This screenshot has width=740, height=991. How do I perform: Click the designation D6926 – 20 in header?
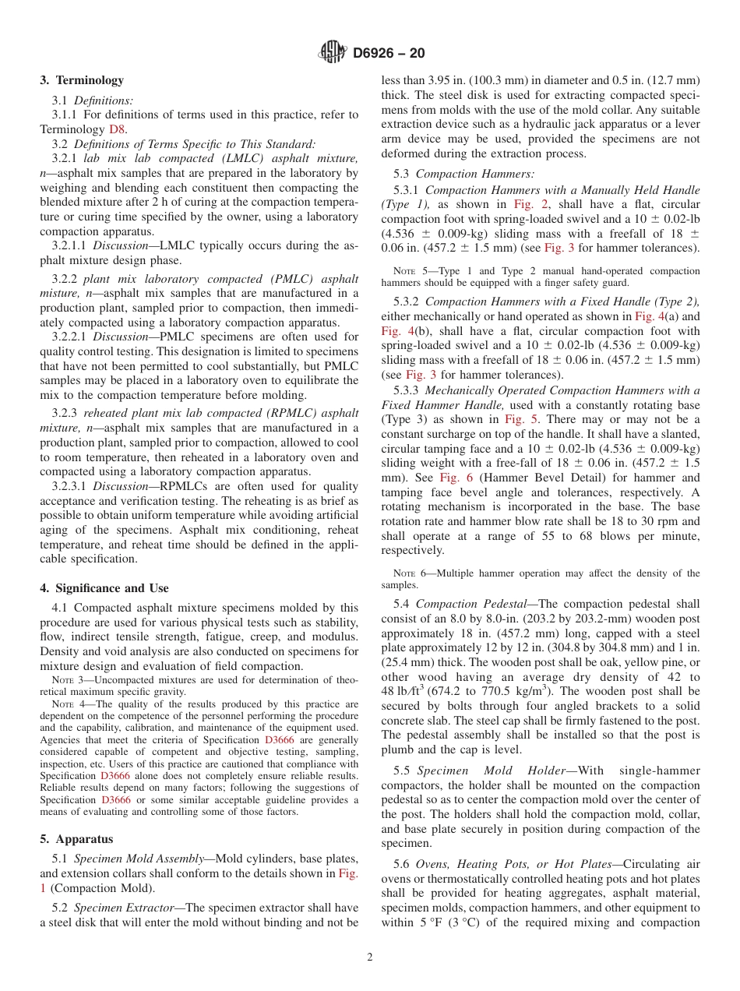point(389,54)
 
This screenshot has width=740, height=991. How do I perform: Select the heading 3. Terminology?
point(82,80)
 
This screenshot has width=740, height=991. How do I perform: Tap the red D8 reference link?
point(117,129)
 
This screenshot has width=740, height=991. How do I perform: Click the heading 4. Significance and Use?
point(104,588)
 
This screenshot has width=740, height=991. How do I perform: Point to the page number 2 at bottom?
point(370,957)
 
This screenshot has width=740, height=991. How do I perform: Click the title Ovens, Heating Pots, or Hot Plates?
point(515,864)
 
